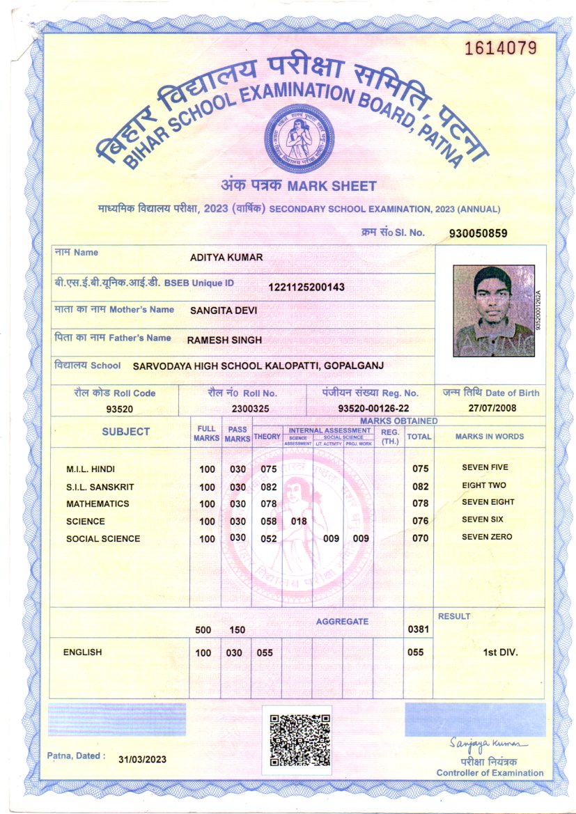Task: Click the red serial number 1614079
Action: [x=501, y=48]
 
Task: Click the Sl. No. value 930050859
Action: [x=478, y=233]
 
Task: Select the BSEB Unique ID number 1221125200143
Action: [x=306, y=287]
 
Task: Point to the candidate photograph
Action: [x=493, y=310]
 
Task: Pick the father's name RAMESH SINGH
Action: [x=224, y=341]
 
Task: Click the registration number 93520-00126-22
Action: [x=373, y=409]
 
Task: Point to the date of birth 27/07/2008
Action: [x=491, y=409]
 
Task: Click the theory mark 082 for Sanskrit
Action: [x=269, y=487]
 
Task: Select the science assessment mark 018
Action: [x=299, y=521]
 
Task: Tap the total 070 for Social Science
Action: [x=420, y=538]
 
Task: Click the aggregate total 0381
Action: [x=419, y=629]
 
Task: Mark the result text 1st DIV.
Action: [x=500, y=652]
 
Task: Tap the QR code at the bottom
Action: [x=299, y=739]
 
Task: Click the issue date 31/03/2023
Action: [x=143, y=759]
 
